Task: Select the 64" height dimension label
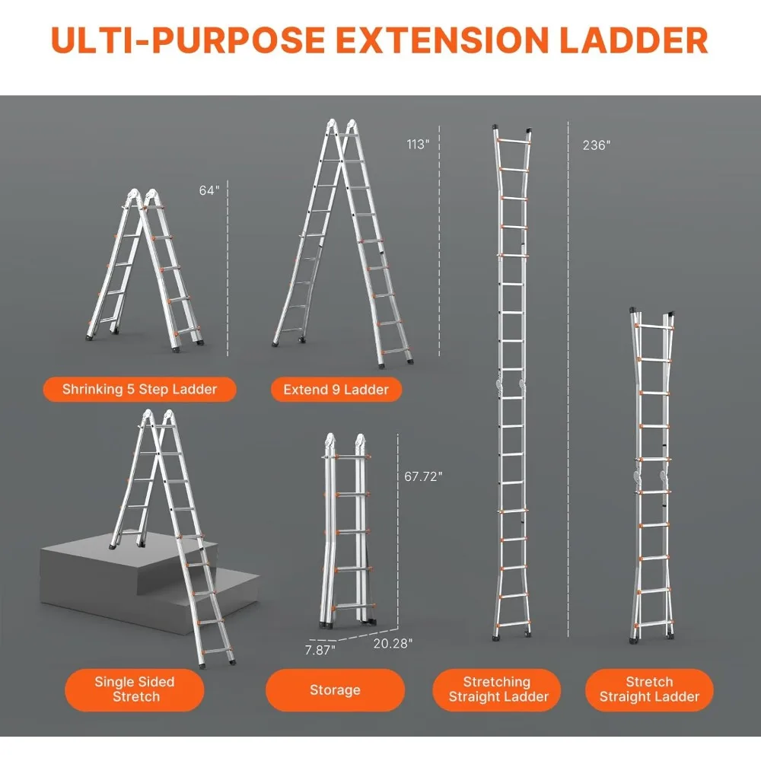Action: click(x=209, y=190)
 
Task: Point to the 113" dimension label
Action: click(x=418, y=145)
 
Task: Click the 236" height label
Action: click(x=597, y=145)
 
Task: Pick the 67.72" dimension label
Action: click(x=423, y=476)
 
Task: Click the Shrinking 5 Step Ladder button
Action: click(x=139, y=390)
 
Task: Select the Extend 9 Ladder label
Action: click(x=336, y=390)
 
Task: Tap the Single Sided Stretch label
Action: click(x=135, y=689)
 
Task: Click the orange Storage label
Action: click(x=334, y=689)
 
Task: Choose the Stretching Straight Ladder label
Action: click(x=497, y=689)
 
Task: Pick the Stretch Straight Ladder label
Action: click(x=649, y=689)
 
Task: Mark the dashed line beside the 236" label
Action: click(x=569, y=380)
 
